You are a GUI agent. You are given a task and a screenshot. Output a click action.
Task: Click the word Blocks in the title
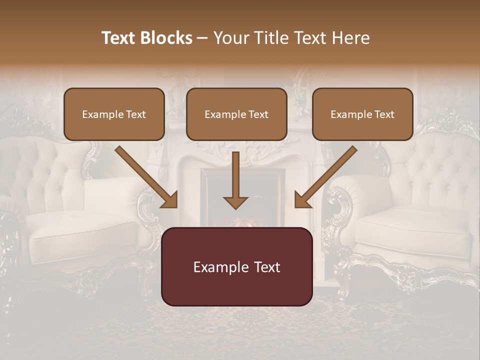tap(166, 38)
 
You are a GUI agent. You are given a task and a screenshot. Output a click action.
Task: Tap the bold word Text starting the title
tap(119, 38)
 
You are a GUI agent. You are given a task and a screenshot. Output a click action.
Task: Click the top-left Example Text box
tap(114, 114)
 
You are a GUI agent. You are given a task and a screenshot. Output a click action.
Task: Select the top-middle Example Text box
tap(236, 114)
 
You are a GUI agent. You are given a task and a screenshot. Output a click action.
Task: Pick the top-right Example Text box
tap(362, 114)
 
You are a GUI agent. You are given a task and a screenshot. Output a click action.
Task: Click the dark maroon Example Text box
tap(236, 267)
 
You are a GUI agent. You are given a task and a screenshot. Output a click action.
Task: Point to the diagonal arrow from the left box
tap(145, 175)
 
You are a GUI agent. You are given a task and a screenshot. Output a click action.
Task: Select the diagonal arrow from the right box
tap(327, 175)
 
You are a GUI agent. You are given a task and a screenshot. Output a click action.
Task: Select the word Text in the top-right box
tap(384, 114)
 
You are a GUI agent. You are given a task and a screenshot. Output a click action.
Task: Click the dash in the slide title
tap(202, 38)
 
